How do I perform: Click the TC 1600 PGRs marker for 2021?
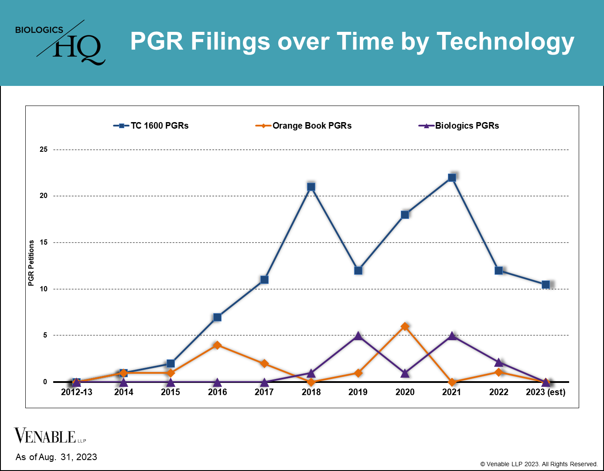[x=452, y=177]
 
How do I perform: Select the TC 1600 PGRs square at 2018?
[x=311, y=187]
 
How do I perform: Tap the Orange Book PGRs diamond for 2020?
[x=405, y=326]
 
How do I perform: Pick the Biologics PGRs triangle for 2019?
[x=358, y=336]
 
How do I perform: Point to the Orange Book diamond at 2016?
[x=217, y=345]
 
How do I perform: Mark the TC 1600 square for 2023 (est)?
[x=546, y=284]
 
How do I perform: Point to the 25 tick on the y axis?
[x=44, y=150]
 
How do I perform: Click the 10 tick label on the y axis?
[x=44, y=289]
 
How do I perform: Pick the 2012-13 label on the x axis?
[x=77, y=392]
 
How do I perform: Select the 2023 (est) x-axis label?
[x=546, y=392]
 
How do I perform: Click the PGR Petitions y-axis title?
[x=31, y=263]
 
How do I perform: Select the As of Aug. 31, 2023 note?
[x=56, y=457]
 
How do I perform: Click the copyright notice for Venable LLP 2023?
[x=539, y=464]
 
